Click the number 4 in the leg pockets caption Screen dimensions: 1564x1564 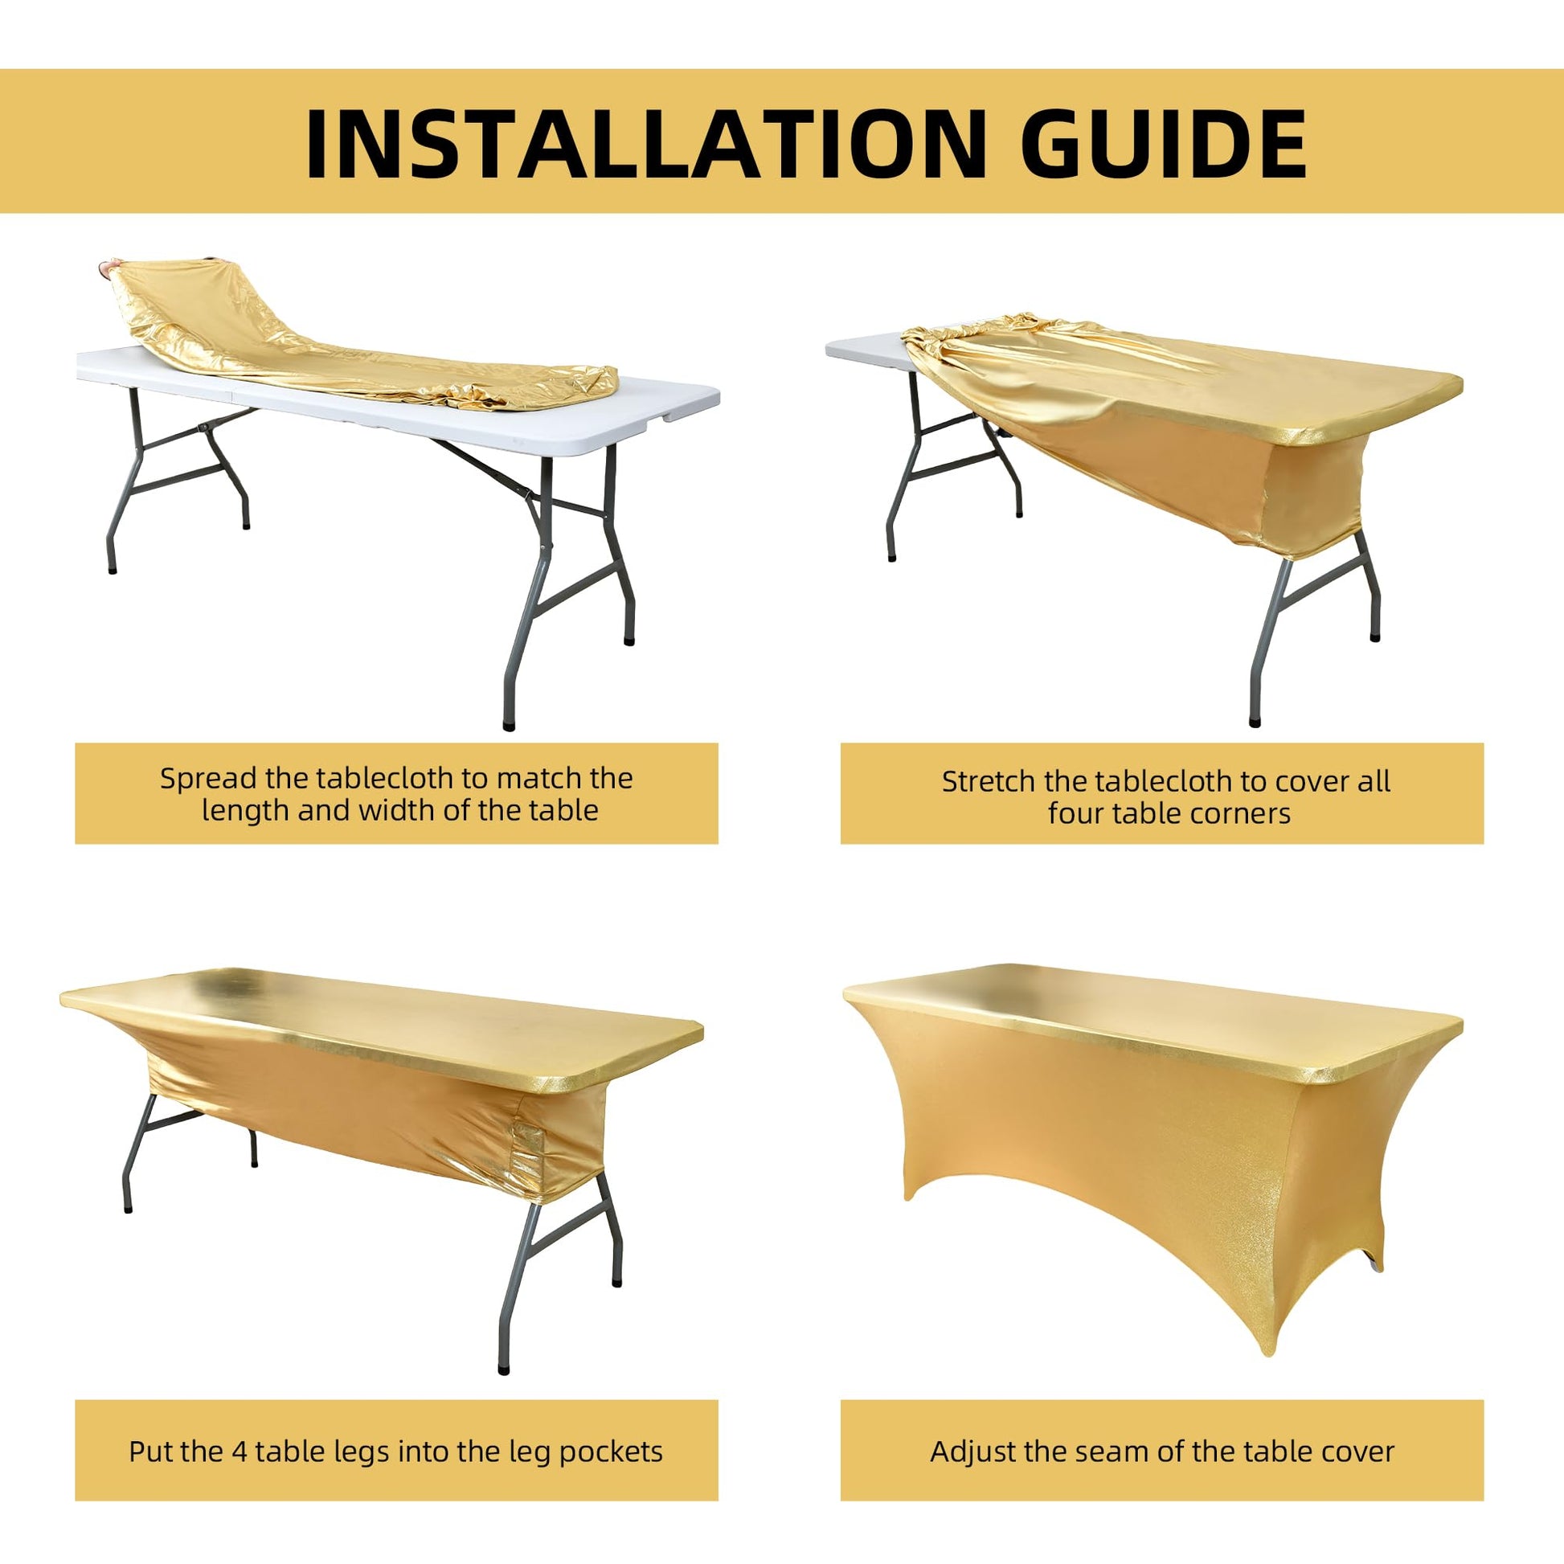click(x=240, y=1451)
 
